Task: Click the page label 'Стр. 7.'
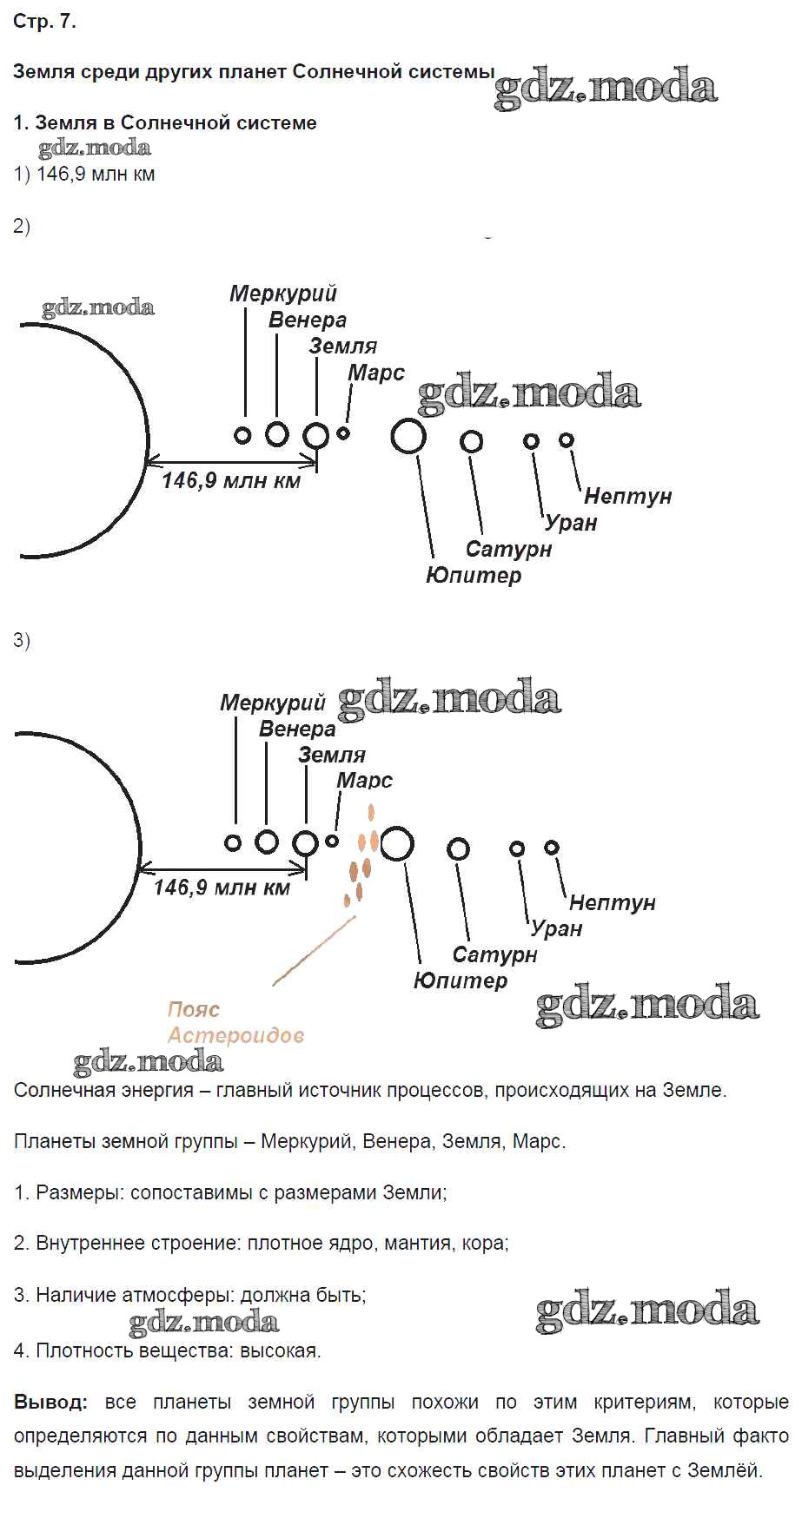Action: point(45,22)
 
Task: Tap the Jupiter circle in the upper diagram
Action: point(408,436)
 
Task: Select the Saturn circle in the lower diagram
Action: point(458,848)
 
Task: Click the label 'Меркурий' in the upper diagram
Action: point(283,294)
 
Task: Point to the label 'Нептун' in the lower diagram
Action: point(612,902)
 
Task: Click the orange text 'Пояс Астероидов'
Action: point(235,1022)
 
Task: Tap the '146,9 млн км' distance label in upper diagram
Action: point(231,480)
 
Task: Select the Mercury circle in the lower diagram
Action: point(232,842)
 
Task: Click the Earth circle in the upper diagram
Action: point(316,434)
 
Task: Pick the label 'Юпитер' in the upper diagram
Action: point(474,575)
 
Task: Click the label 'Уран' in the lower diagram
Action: point(556,928)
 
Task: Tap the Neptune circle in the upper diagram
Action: point(567,440)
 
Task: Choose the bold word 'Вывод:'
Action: point(50,1402)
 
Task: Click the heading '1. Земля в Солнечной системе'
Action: point(165,122)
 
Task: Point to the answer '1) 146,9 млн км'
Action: point(84,174)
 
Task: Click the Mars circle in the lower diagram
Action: point(332,841)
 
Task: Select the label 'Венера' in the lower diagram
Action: point(297,729)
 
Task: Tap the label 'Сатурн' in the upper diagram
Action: point(508,549)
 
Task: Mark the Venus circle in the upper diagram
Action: point(277,433)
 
